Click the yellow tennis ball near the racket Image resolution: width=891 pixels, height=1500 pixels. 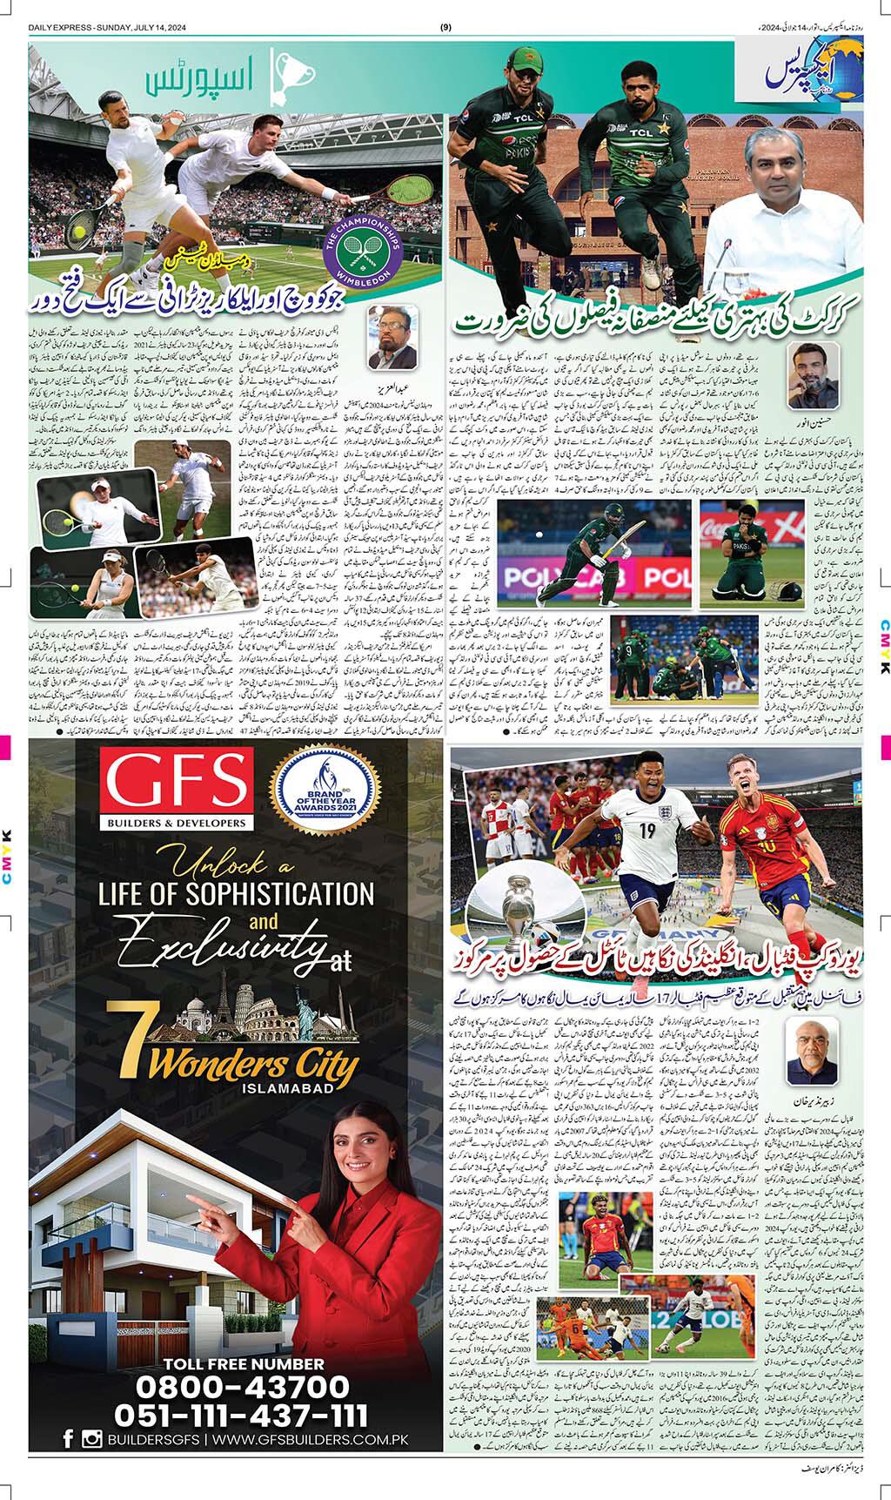coord(79,232)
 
